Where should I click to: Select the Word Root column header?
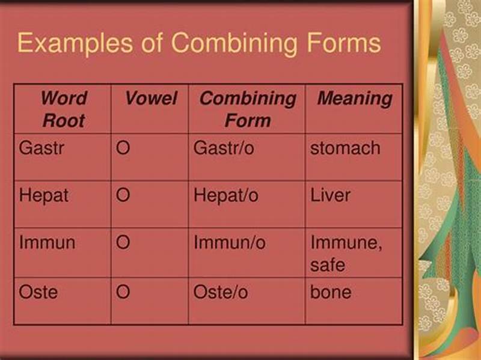click(63, 109)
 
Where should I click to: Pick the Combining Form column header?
click(247, 109)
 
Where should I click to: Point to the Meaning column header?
click(354, 99)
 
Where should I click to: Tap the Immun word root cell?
click(47, 243)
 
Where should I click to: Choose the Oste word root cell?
click(38, 292)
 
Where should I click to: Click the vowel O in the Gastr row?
click(123, 148)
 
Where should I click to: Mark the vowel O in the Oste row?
click(123, 292)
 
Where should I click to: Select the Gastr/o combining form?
click(224, 148)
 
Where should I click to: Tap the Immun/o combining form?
click(230, 243)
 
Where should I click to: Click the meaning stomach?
click(345, 148)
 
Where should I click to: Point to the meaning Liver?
click(330, 195)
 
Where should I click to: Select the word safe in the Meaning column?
click(328, 264)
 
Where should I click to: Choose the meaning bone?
click(331, 292)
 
